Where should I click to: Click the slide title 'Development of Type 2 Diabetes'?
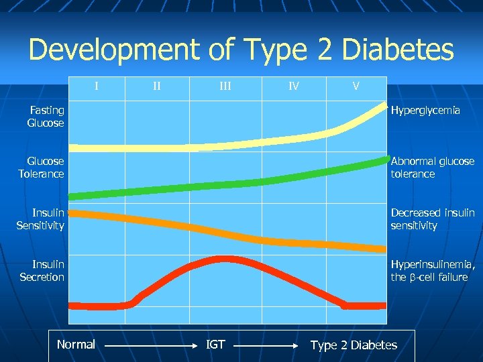coord(241,50)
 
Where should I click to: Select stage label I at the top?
coord(97,86)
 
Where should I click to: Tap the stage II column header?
coord(156,86)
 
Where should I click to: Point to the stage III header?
coord(225,86)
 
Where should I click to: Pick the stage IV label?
coord(294,86)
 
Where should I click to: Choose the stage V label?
coord(356,86)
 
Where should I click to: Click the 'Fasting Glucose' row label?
coord(46,117)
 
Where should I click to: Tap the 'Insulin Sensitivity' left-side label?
coord(40,219)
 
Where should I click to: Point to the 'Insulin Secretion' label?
coord(42,271)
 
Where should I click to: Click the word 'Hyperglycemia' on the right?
coord(425,110)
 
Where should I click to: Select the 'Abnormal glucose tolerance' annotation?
coord(432,168)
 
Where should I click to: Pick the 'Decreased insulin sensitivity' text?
coord(432,219)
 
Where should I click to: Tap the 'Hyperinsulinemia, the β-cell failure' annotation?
coord(433,271)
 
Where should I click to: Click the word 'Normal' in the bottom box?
coord(76,345)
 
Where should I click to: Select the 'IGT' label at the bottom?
coord(215,345)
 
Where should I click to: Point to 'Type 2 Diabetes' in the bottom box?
coord(354,345)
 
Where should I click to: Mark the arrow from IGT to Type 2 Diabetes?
coord(268,347)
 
